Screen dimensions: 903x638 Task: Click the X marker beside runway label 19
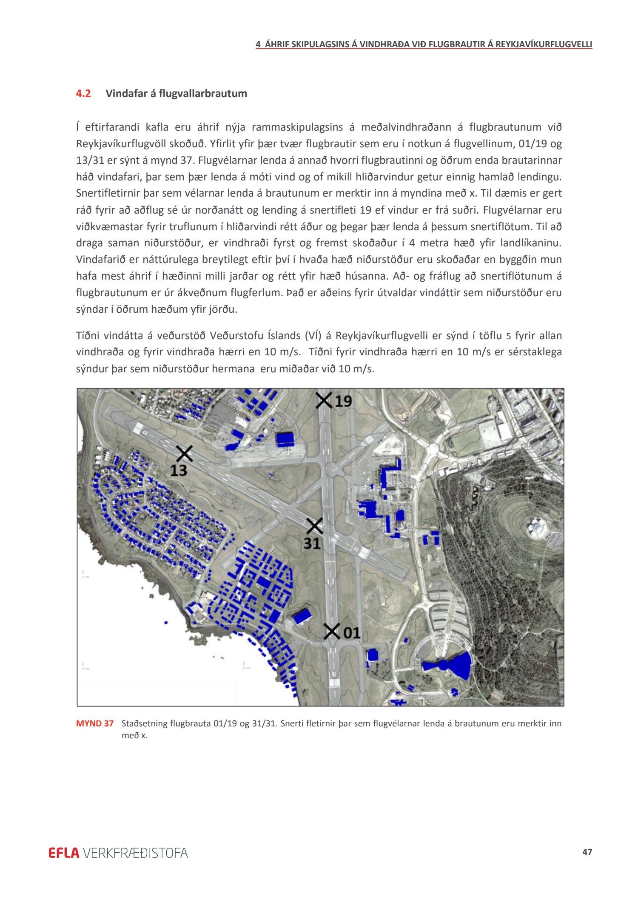324,400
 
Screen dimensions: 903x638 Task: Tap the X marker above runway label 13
184,453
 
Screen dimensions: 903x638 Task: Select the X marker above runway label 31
315,526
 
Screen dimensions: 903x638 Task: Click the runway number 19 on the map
343,401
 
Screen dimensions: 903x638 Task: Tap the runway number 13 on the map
179,470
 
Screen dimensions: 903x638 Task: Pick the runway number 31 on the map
312,543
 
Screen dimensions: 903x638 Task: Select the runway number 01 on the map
352,633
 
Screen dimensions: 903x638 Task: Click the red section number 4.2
83,94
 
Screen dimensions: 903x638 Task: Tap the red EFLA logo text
64,853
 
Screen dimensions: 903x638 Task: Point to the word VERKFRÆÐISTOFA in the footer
135,853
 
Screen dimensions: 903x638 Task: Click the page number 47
587,852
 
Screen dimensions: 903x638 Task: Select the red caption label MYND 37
95,723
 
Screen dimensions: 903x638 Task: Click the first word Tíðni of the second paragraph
87,336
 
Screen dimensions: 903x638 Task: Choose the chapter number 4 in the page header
258,44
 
